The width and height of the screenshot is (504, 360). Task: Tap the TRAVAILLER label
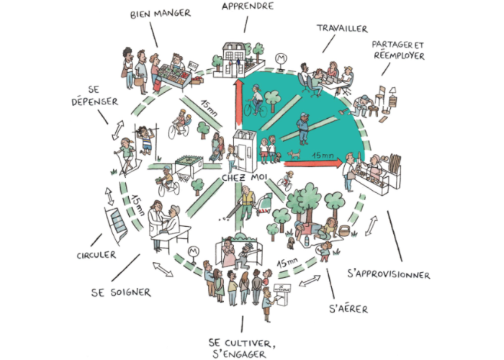(x=341, y=29)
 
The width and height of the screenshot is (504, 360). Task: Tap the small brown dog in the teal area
(x=294, y=153)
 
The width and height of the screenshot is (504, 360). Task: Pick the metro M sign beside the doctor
(x=192, y=251)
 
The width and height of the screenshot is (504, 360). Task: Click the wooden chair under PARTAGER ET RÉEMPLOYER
(x=395, y=94)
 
